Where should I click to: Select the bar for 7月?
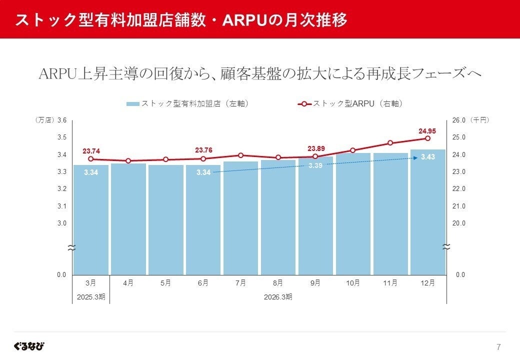[240, 217]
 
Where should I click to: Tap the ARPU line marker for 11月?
[390, 143]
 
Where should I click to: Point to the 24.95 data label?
[427, 131]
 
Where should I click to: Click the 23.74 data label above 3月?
[91, 151]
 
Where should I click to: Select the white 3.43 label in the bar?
[427, 157]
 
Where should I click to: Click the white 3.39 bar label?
[315, 165]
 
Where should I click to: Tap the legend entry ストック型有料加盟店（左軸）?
[187, 104]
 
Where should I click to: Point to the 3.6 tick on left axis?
[62, 120]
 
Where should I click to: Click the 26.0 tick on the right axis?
[459, 120]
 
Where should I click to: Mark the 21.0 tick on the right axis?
[459, 206]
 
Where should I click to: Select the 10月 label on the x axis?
[352, 283]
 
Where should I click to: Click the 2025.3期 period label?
[90, 296]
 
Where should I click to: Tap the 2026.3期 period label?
[278, 296]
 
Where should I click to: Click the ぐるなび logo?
[29, 346]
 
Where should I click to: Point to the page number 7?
[498, 347]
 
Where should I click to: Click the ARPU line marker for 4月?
[128, 161]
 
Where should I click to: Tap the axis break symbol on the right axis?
[446, 247]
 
